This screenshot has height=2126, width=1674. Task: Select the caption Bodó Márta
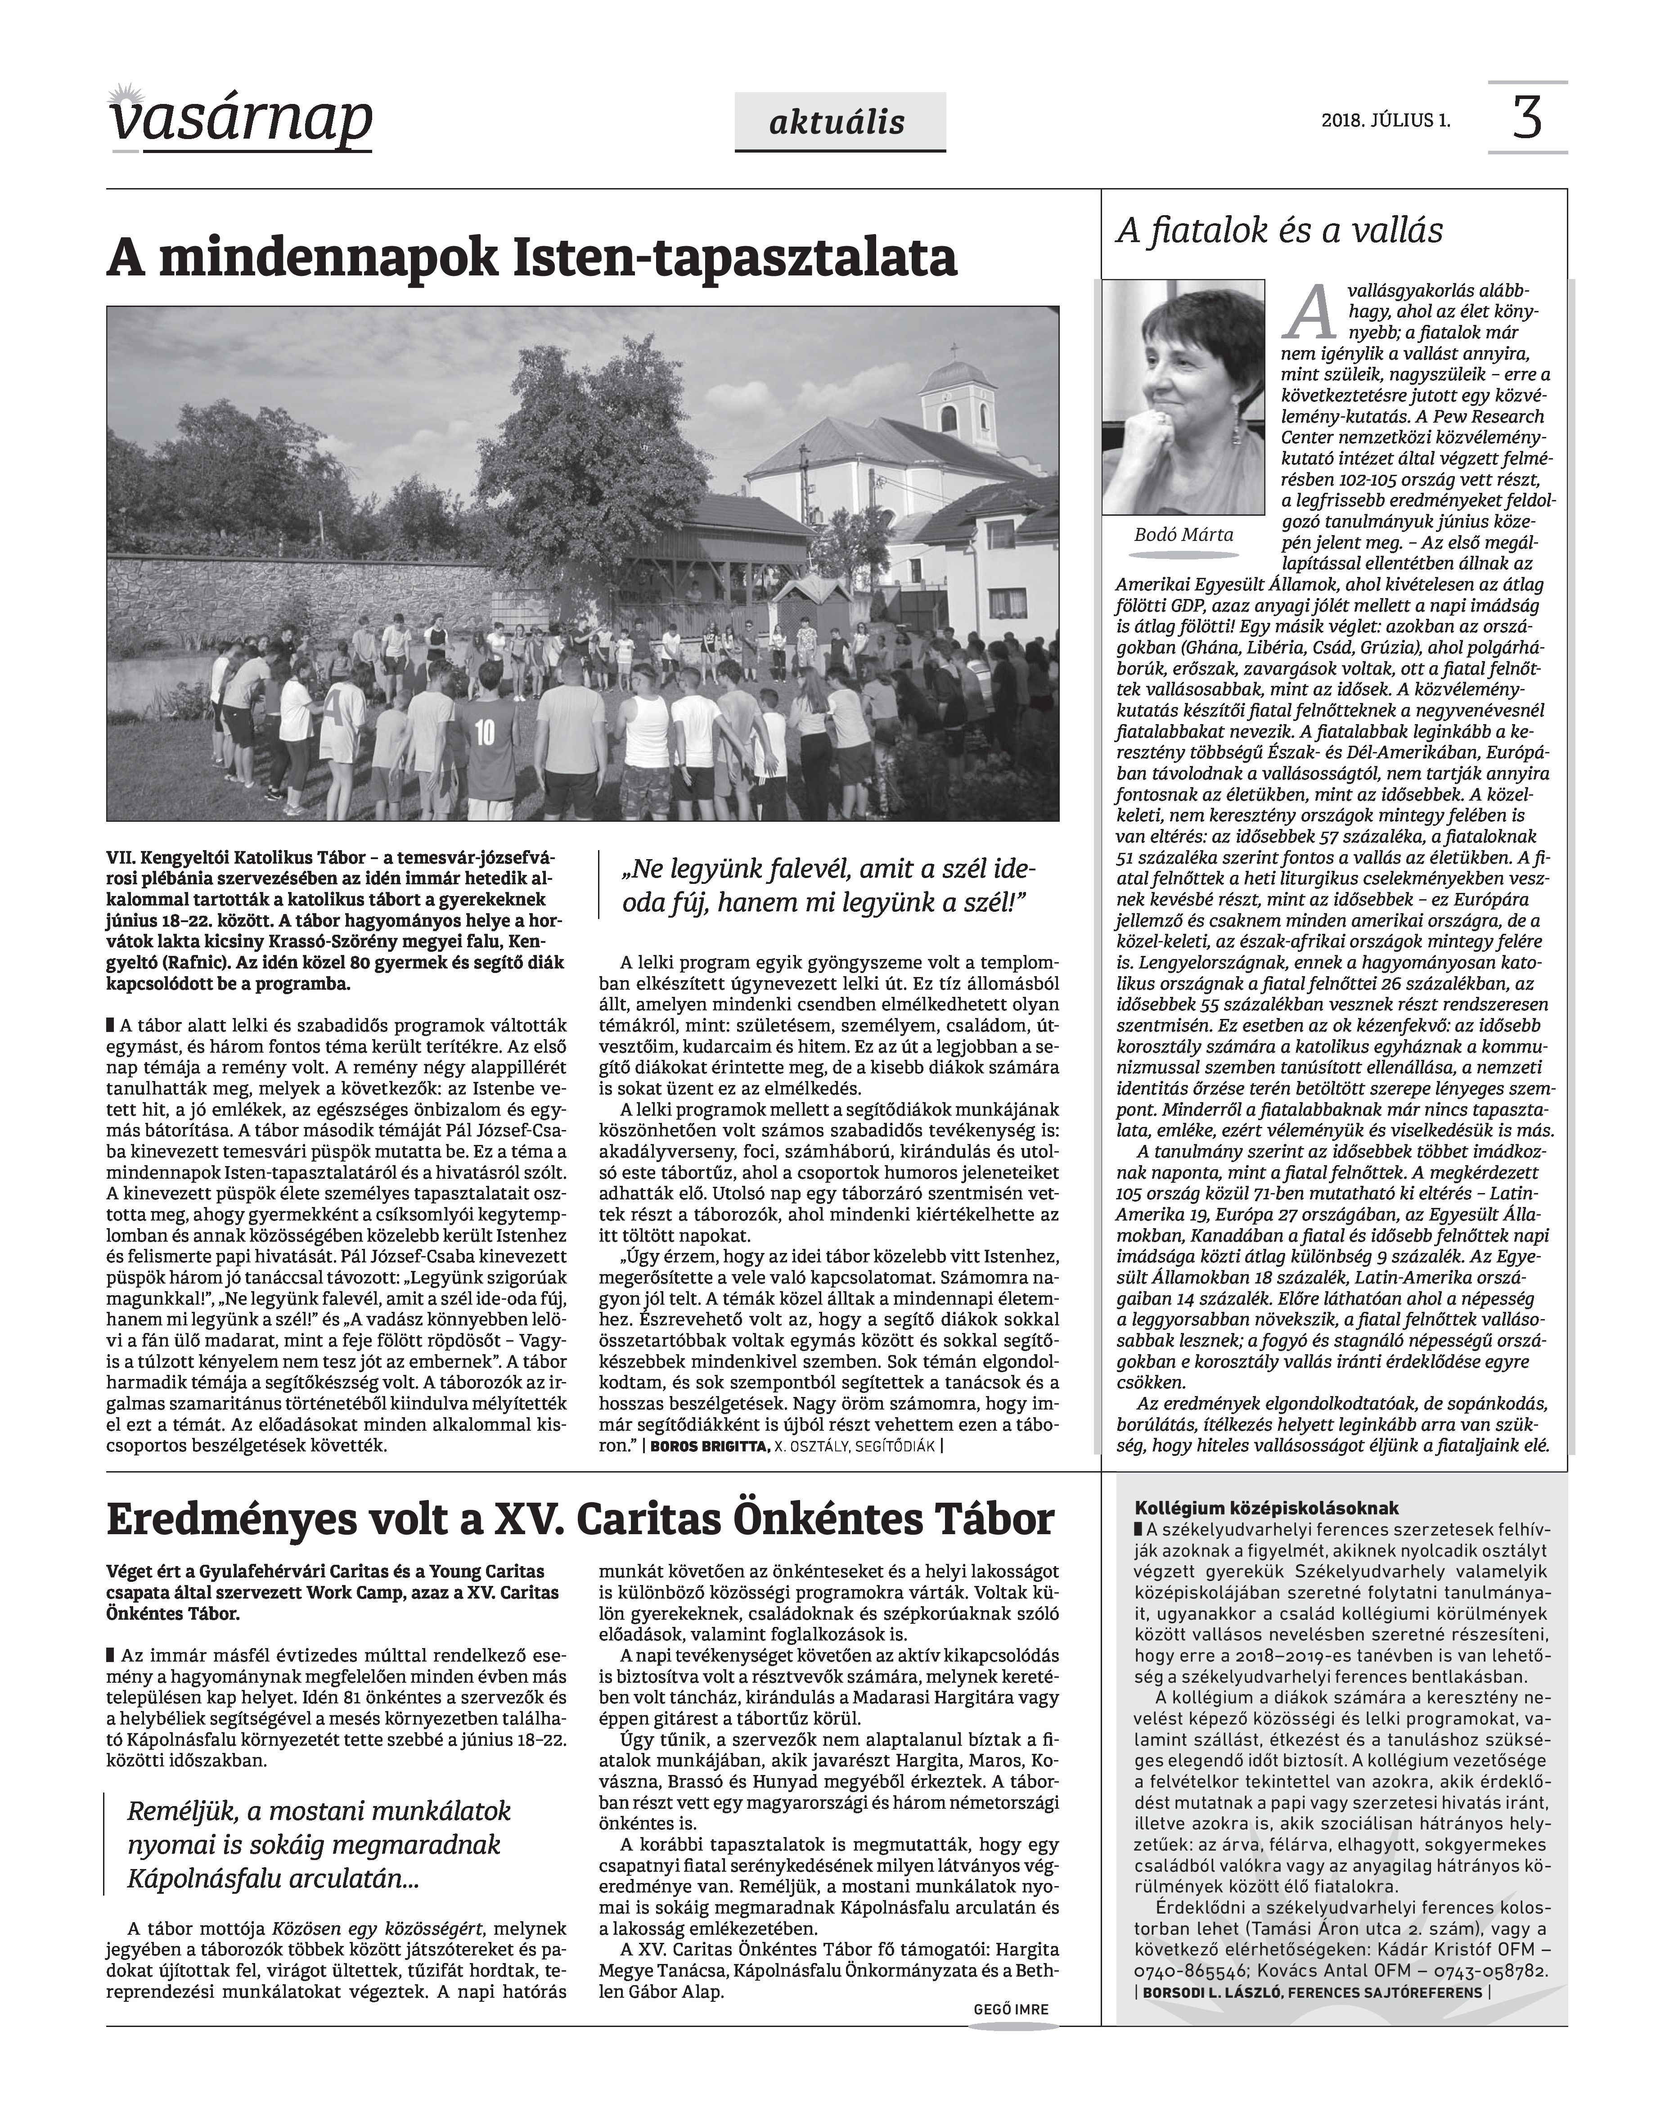tap(1183, 535)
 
